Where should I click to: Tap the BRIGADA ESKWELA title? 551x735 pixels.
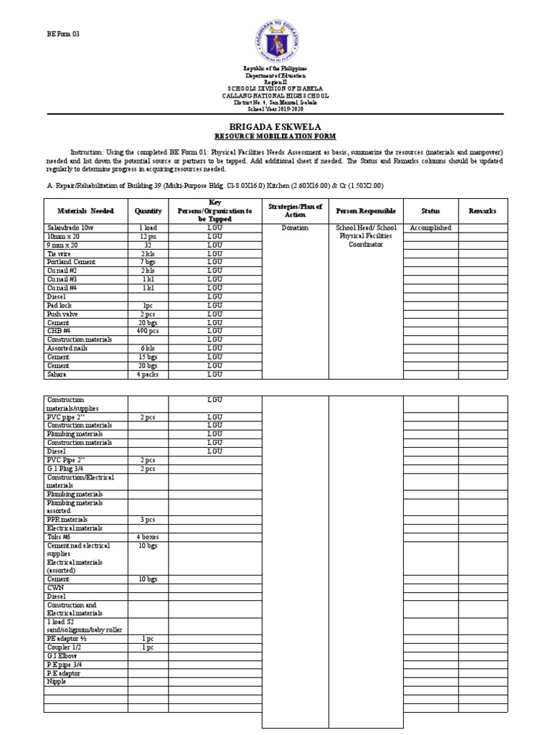tap(275, 125)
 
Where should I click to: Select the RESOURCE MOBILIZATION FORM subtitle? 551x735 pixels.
tap(275, 136)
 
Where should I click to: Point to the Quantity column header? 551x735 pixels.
tap(149, 211)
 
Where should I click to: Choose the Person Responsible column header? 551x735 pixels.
tap(365, 211)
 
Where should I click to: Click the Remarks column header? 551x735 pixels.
tap(483, 211)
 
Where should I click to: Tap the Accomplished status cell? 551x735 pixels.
tap(430, 228)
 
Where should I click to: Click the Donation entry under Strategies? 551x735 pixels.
tap(295, 228)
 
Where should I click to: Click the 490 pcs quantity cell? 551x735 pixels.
tap(149, 331)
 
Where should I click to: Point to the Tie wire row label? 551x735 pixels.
tap(61, 253)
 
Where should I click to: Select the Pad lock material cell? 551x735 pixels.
tap(62, 305)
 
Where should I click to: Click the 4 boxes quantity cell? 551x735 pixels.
tap(149, 537)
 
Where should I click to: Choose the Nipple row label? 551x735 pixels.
tap(57, 682)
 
